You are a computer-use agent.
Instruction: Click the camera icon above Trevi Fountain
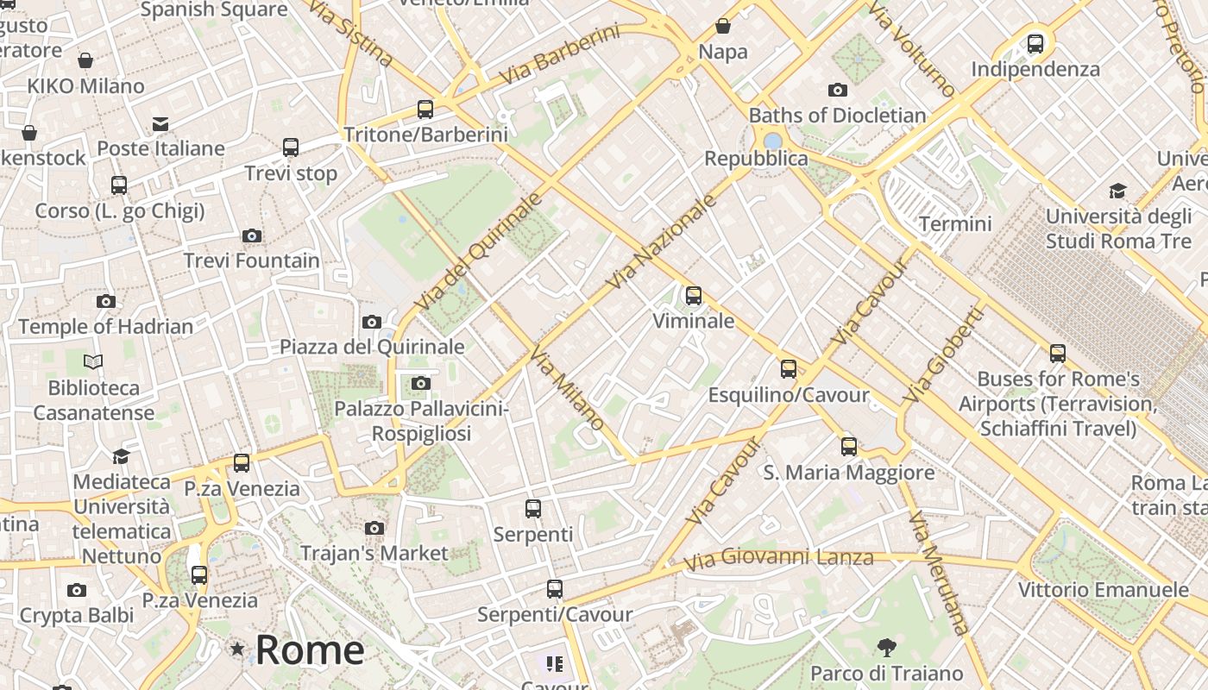(x=252, y=235)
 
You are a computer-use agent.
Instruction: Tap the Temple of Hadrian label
(x=105, y=326)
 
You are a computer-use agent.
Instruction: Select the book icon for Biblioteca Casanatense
(x=93, y=362)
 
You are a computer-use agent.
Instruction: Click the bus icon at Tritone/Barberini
(x=425, y=110)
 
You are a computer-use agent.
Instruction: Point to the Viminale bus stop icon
(x=694, y=296)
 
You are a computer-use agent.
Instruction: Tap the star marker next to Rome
(x=236, y=649)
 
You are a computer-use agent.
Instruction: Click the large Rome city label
(x=310, y=649)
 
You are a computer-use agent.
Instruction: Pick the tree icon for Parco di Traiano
(x=886, y=648)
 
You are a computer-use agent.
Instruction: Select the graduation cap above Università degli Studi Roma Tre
(x=1118, y=191)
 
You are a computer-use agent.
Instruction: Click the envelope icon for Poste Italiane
(x=160, y=124)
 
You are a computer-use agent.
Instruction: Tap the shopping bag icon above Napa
(x=723, y=27)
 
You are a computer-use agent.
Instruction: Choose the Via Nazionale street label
(x=662, y=241)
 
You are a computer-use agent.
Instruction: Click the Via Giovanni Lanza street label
(x=778, y=558)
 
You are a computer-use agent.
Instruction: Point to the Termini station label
(x=955, y=224)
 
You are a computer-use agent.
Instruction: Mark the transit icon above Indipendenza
(x=1035, y=43)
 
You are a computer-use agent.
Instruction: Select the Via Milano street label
(x=567, y=388)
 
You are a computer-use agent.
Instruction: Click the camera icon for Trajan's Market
(x=374, y=528)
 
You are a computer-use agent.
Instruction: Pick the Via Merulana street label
(x=939, y=574)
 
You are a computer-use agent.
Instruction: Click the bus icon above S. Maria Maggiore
(x=850, y=446)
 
